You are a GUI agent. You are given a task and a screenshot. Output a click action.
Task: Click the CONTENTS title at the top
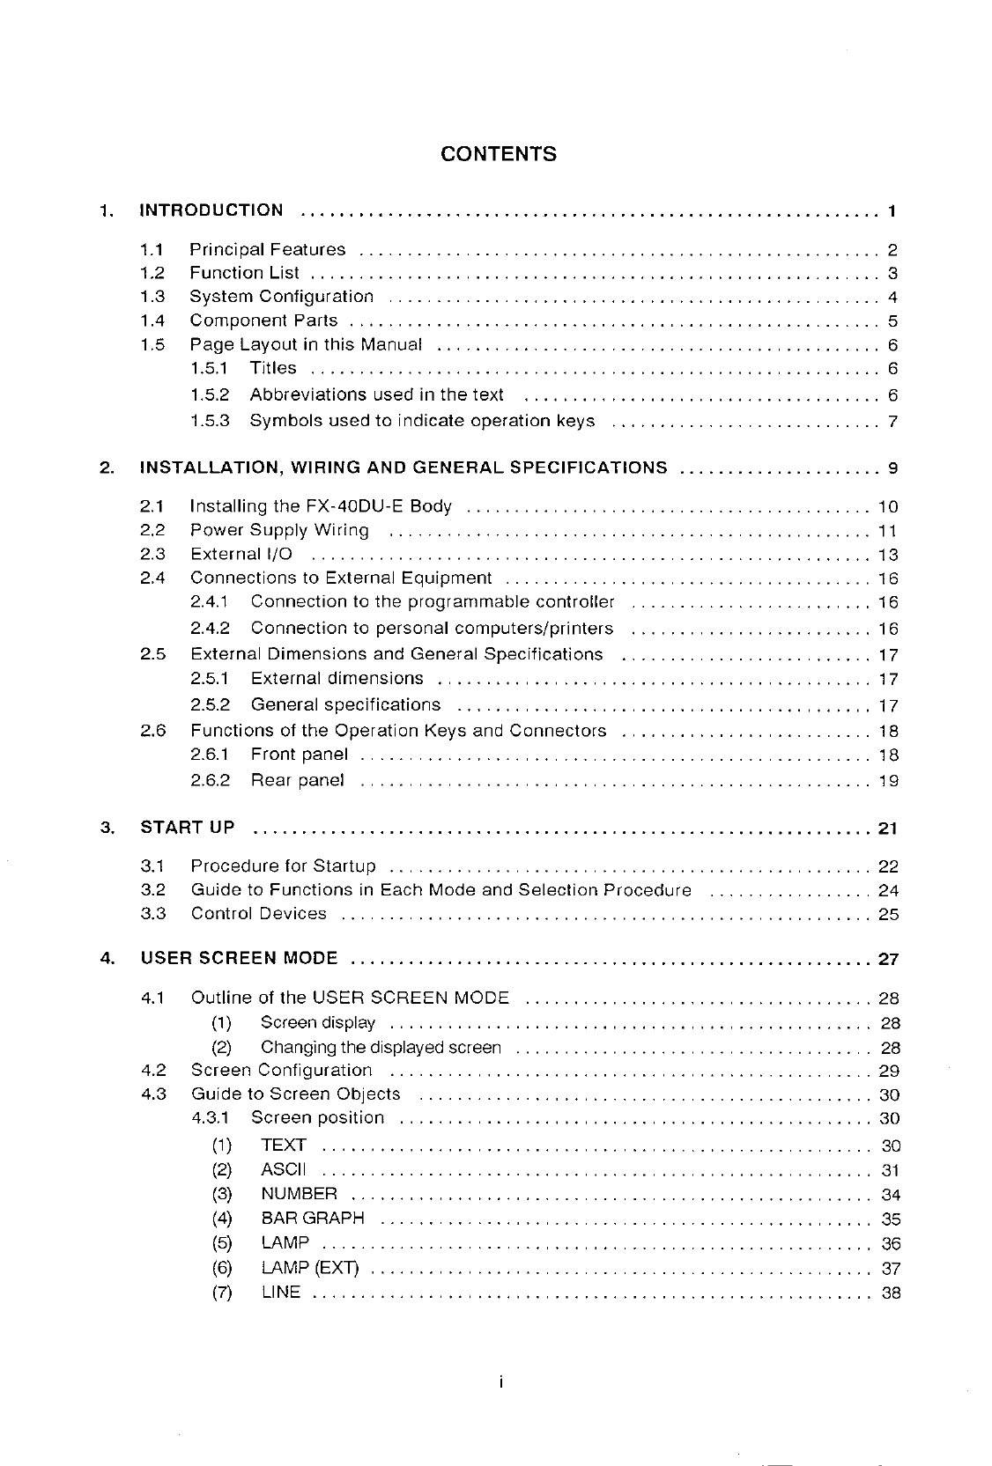pos(498,155)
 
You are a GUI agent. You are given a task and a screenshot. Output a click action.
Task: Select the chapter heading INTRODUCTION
pos(211,210)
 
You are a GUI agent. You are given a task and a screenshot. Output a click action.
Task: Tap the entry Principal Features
pos(268,250)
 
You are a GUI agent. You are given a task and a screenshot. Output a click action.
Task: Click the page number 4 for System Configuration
pos(892,298)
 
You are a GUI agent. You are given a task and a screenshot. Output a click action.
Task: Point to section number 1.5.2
pos(210,394)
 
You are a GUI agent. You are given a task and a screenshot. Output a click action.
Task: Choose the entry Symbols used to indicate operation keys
pos(422,421)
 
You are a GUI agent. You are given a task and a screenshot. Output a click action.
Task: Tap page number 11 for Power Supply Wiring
pos(887,531)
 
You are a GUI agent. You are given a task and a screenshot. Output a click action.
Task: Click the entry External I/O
pos(241,554)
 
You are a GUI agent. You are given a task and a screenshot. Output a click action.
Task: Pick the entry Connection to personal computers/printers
pos(432,629)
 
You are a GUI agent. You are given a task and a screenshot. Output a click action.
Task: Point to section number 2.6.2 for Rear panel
pos(210,780)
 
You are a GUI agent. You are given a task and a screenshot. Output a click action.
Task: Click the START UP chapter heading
pos(188,828)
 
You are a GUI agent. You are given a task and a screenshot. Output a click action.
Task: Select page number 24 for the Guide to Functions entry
pos(888,890)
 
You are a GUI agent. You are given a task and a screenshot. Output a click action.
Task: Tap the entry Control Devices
pos(258,914)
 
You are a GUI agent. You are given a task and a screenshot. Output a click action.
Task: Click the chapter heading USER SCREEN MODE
pos(239,958)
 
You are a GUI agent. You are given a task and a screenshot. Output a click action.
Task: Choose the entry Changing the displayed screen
pos(381,1048)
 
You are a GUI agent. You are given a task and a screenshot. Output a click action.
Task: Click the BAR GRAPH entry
pos(313,1219)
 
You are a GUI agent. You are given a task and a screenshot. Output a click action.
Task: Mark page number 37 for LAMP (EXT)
pos(890,1269)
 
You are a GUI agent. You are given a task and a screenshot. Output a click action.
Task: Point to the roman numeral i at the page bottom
pos(499,1384)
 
